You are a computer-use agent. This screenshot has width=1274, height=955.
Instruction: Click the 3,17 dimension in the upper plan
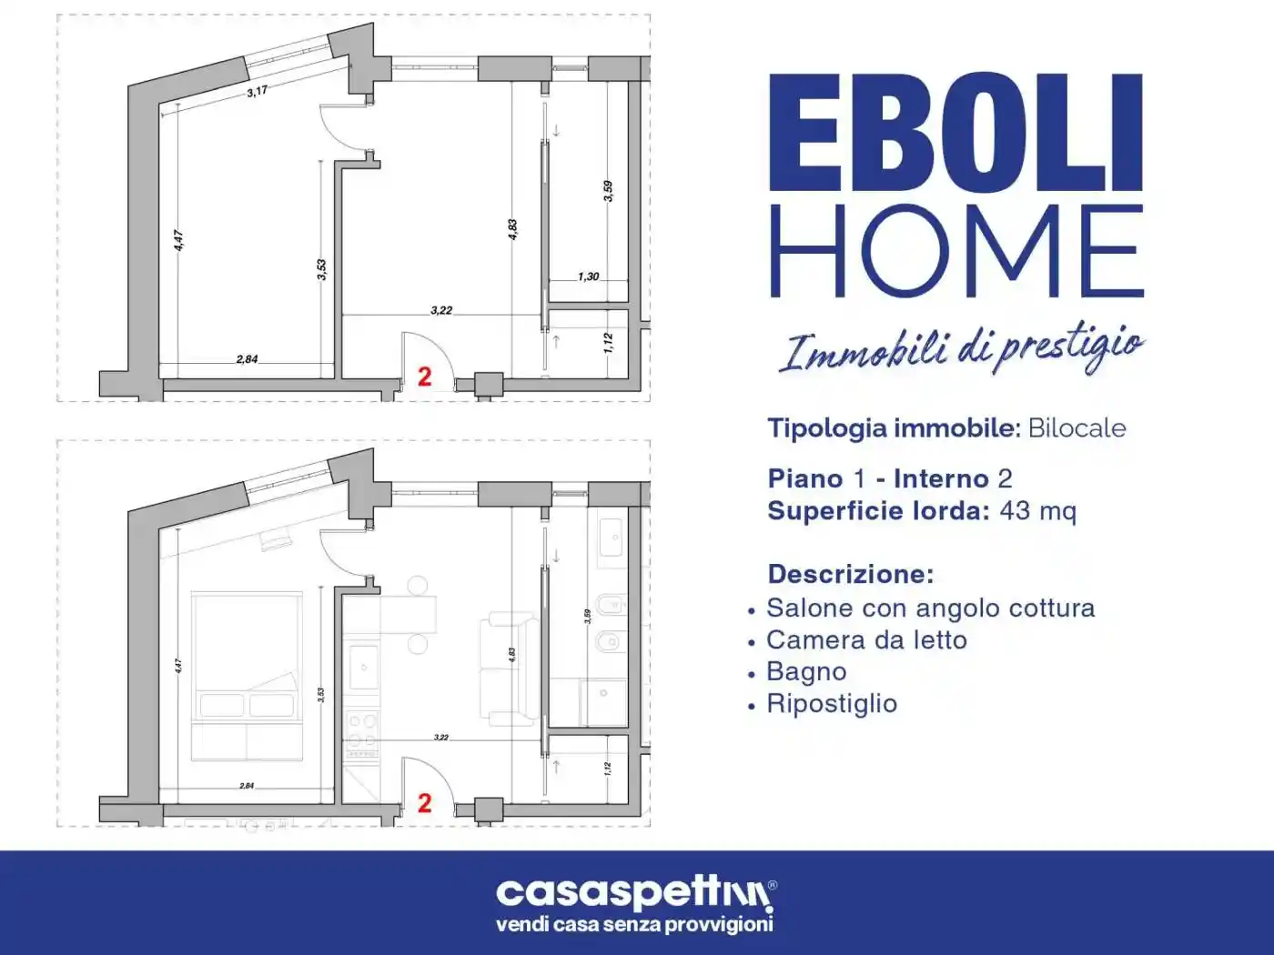pos(258,91)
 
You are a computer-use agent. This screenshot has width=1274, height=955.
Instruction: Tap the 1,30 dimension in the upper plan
pos(589,276)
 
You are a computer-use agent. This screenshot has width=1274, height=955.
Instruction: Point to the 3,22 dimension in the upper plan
pos(441,310)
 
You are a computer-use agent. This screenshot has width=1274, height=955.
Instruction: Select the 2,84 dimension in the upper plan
pos(247,359)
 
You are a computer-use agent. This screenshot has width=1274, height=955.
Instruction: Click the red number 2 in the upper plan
pos(424,377)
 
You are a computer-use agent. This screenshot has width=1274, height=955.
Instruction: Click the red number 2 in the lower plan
pos(424,803)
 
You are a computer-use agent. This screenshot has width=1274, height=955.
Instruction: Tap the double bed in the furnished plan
pos(247,676)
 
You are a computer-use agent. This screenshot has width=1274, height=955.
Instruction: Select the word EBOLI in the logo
pos(955,133)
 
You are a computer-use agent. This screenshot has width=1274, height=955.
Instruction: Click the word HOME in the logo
pos(955,252)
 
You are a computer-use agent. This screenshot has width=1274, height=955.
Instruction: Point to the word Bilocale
pos(1077,428)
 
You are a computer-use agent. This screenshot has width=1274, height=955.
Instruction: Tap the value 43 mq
pos(1037,511)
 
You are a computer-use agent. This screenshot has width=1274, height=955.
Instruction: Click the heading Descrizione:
pos(851,574)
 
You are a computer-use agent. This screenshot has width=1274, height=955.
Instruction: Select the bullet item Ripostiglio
pos(832,704)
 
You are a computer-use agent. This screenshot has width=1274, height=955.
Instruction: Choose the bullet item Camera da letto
pos(866,640)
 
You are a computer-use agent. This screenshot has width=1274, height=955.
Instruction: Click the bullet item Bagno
pos(806,672)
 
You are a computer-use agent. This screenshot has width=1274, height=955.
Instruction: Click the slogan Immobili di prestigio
pos(961,349)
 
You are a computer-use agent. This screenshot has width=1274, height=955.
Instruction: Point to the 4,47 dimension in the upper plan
pos(179,240)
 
